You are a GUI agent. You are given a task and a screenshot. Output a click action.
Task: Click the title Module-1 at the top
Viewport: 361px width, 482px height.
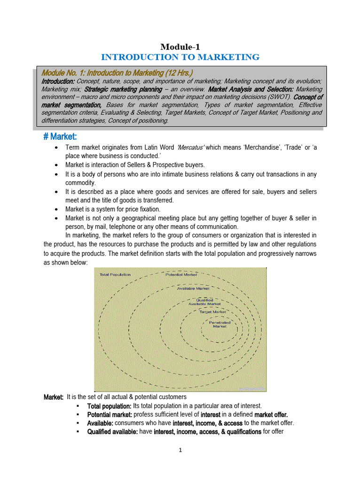pyautogui.click(x=180, y=46)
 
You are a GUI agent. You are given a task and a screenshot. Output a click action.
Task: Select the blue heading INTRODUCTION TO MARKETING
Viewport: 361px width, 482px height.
pyautogui.click(x=180, y=57)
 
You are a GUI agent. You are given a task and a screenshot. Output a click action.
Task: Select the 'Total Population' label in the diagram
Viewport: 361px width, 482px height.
pyautogui.click(x=115, y=274)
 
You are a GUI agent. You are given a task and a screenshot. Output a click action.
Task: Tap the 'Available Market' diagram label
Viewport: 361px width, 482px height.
pyautogui.click(x=193, y=288)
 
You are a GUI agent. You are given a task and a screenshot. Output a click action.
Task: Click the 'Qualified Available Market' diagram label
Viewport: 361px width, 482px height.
pyautogui.click(x=204, y=302)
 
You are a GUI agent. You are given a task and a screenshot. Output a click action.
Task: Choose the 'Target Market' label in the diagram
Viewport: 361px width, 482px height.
pyautogui.click(x=212, y=312)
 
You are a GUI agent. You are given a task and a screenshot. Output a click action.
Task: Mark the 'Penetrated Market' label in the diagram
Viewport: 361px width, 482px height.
pyautogui.click(x=220, y=324)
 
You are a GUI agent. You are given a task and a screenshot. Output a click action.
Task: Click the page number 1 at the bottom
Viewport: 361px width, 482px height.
pyautogui.click(x=180, y=450)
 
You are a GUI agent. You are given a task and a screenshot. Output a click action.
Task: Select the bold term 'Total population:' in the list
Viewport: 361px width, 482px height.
pyautogui.click(x=109, y=406)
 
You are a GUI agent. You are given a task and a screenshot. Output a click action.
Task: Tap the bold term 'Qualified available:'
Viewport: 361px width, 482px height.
pyautogui.click(x=112, y=432)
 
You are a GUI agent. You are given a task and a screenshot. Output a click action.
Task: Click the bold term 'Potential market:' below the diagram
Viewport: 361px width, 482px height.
pyautogui.click(x=110, y=415)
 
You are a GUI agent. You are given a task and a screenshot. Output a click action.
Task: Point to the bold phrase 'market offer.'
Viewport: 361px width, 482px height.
pyautogui.click(x=271, y=415)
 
